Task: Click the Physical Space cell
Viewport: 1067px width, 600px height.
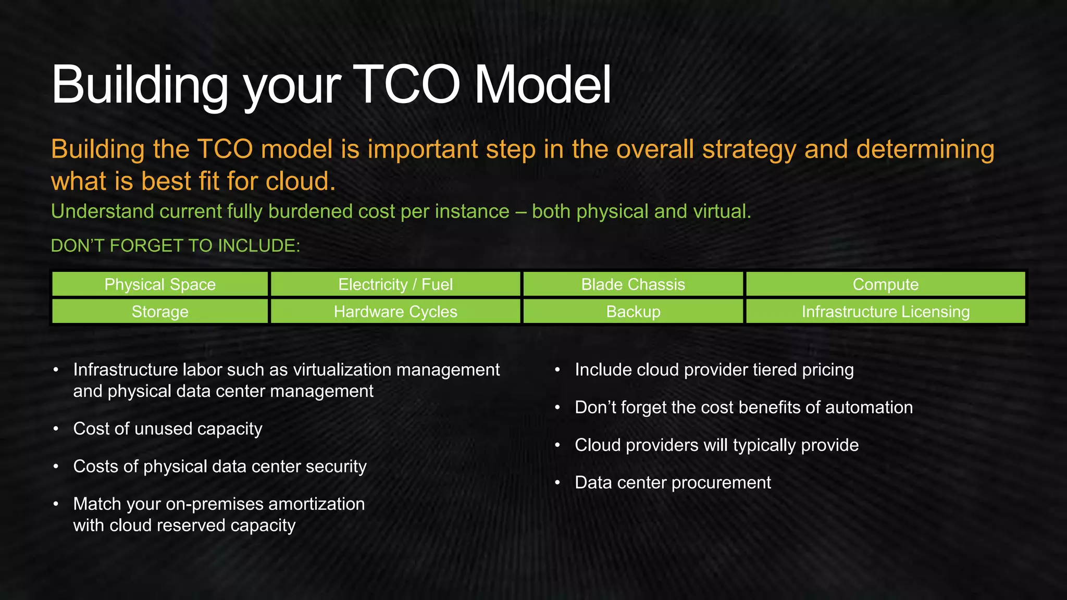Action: click(160, 284)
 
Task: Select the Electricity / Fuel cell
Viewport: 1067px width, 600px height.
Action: click(395, 284)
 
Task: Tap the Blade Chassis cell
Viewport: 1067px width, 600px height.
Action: click(633, 284)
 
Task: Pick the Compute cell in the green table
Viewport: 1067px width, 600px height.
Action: click(885, 284)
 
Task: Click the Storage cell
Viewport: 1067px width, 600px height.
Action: click(160, 311)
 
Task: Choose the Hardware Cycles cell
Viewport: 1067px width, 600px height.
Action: click(395, 311)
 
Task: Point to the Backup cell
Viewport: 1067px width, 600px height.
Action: click(633, 311)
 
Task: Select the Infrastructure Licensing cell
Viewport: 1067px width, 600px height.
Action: click(885, 311)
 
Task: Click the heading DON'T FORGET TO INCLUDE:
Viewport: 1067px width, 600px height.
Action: click(176, 246)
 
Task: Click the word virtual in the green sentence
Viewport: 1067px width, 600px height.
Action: click(722, 211)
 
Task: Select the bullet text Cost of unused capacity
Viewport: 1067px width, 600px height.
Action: click(168, 429)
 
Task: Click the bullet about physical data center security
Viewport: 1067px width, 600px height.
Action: click(220, 466)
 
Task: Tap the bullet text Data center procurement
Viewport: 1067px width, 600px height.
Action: click(673, 483)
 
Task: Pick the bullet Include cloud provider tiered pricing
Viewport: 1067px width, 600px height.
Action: click(714, 370)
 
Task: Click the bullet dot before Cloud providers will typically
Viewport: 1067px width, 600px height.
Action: click(557, 445)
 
